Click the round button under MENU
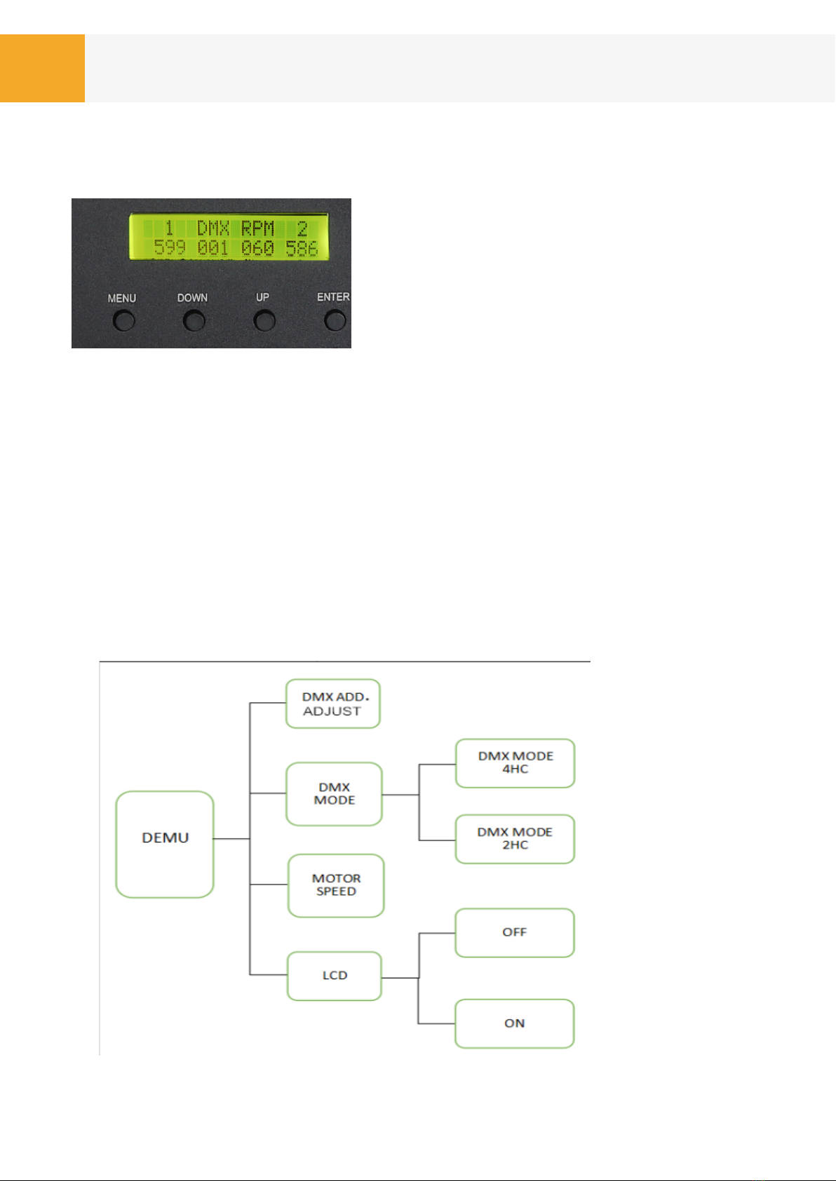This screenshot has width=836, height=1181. tap(124, 321)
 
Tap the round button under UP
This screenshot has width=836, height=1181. tap(264, 321)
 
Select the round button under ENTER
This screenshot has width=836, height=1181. tap(335, 320)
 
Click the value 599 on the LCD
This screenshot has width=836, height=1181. tap(170, 247)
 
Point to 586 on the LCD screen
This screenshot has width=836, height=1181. tap(302, 247)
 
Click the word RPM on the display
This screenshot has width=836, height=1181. tap(257, 228)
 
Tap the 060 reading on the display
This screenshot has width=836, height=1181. tap(257, 247)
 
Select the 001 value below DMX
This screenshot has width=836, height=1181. tap(213, 247)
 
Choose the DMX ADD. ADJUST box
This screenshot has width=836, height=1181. tap(333, 704)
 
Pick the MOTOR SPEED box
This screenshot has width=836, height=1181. tap(336, 885)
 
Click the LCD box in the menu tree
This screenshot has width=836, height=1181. tap(335, 976)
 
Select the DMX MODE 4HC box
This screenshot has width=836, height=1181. tap(515, 763)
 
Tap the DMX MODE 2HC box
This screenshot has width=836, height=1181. tap(515, 838)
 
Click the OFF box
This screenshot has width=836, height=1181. tap(514, 932)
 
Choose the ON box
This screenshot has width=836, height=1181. tap(514, 1023)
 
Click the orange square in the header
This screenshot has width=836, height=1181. tap(42, 68)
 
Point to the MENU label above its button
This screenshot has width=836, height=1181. tap(122, 299)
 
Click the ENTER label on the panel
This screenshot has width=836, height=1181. tap(333, 297)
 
